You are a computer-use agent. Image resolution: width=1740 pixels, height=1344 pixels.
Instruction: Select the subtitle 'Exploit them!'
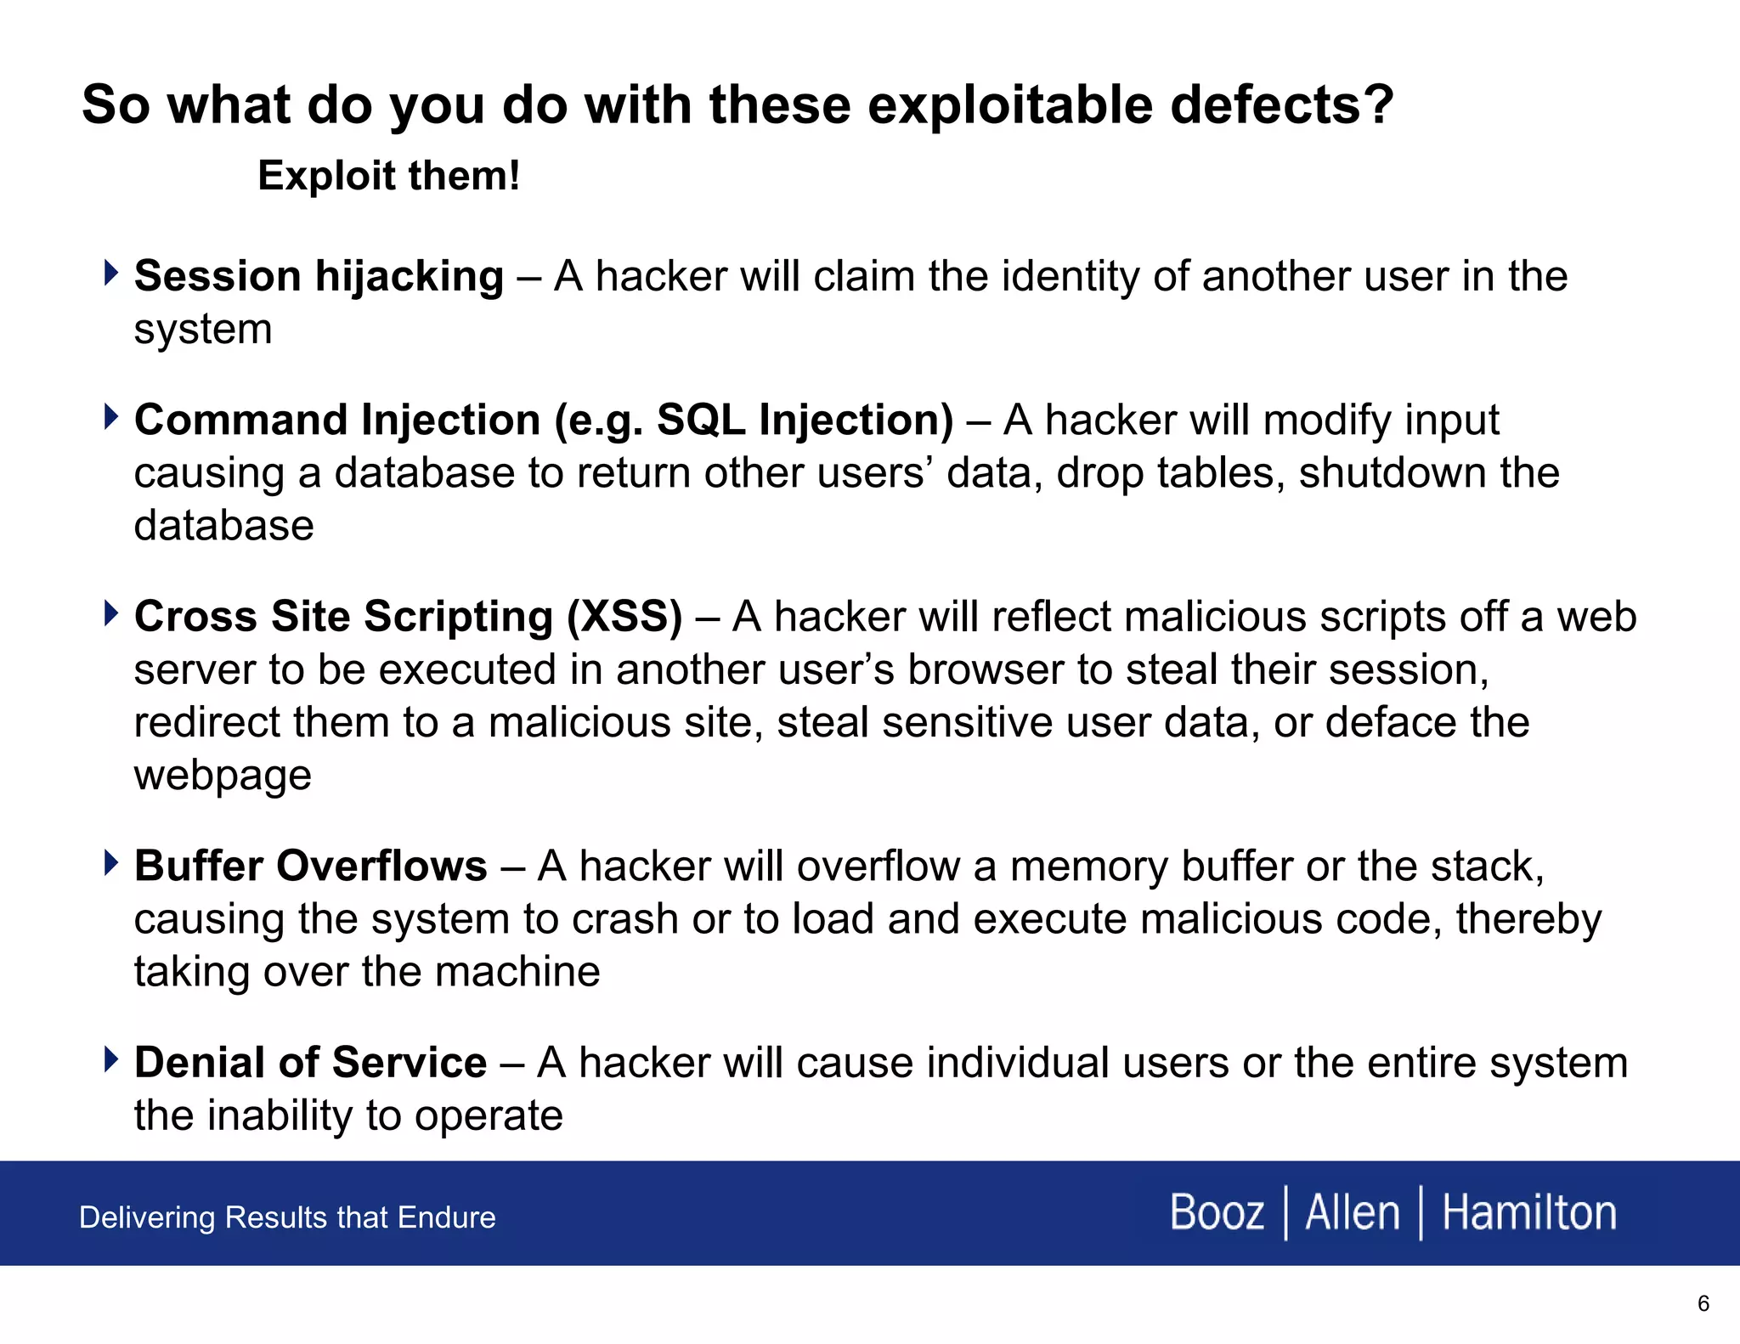pyautogui.click(x=388, y=176)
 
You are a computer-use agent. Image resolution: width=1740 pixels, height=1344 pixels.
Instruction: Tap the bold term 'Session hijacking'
pyautogui.click(x=319, y=276)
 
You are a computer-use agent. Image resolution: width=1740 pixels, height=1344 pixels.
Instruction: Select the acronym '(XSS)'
pyautogui.click(x=624, y=616)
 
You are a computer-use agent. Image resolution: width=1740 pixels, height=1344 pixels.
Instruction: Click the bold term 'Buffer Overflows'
pyautogui.click(x=310, y=866)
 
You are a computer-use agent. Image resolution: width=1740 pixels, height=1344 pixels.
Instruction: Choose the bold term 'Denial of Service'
pyautogui.click(x=310, y=1062)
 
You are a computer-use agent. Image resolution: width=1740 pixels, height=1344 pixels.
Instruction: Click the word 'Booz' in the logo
pyautogui.click(x=1217, y=1212)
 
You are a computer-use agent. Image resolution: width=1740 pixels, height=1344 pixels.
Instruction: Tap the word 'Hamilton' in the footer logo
pyautogui.click(x=1528, y=1212)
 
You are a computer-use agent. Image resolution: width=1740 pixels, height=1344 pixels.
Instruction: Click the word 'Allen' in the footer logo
pyautogui.click(x=1352, y=1212)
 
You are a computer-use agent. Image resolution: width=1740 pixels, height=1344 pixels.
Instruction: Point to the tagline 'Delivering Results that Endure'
pyautogui.click(x=287, y=1217)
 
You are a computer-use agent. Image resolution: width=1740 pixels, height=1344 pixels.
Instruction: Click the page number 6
pyautogui.click(x=1703, y=1303)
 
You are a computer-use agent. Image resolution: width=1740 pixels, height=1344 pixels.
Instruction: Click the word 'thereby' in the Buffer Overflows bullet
pyautogui.click(x=1528, y=919)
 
